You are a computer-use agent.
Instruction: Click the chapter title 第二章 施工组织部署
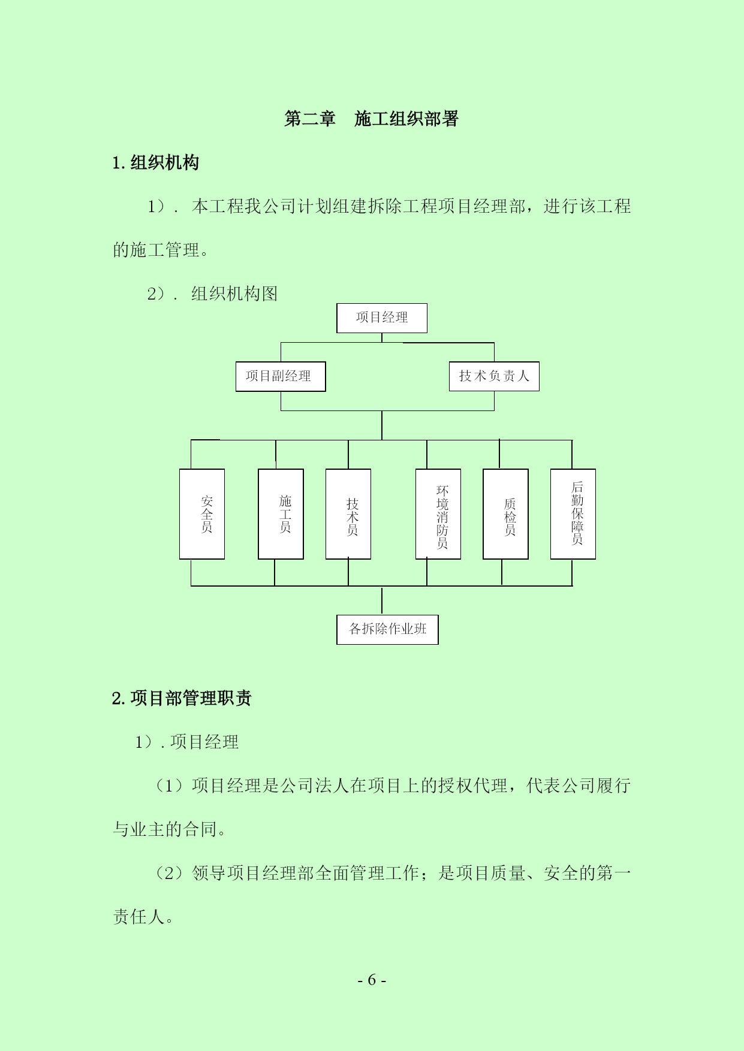tap(372, 119)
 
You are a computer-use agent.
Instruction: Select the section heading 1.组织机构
tap(155, 162)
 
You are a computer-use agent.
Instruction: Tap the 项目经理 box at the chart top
tap(382, 318)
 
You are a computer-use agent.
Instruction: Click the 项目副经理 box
tap(281, 376)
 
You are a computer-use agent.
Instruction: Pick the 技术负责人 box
tap(494, 376)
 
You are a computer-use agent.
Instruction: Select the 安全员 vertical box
tap(202, 514)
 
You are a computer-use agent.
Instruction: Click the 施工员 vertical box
tap(281, 514)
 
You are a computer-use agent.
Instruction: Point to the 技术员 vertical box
tap(348, 514)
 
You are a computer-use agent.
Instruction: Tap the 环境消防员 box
tap(438, 514)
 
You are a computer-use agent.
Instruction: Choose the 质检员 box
tap(505, 514)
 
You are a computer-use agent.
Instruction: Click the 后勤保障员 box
tap(573, 514)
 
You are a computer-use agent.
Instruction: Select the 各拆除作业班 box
tap(387, 630)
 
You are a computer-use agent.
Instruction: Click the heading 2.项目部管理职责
tap(182, 698)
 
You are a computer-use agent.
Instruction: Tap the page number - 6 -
tap(372, 980)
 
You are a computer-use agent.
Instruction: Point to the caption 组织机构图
tap(234, 294)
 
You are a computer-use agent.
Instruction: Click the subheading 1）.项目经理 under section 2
tap(187, 742)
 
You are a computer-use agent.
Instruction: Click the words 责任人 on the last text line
tap(138, 917)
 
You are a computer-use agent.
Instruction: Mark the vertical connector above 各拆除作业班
tap(382, 600)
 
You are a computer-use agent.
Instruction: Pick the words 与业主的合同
tap(165, 829)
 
